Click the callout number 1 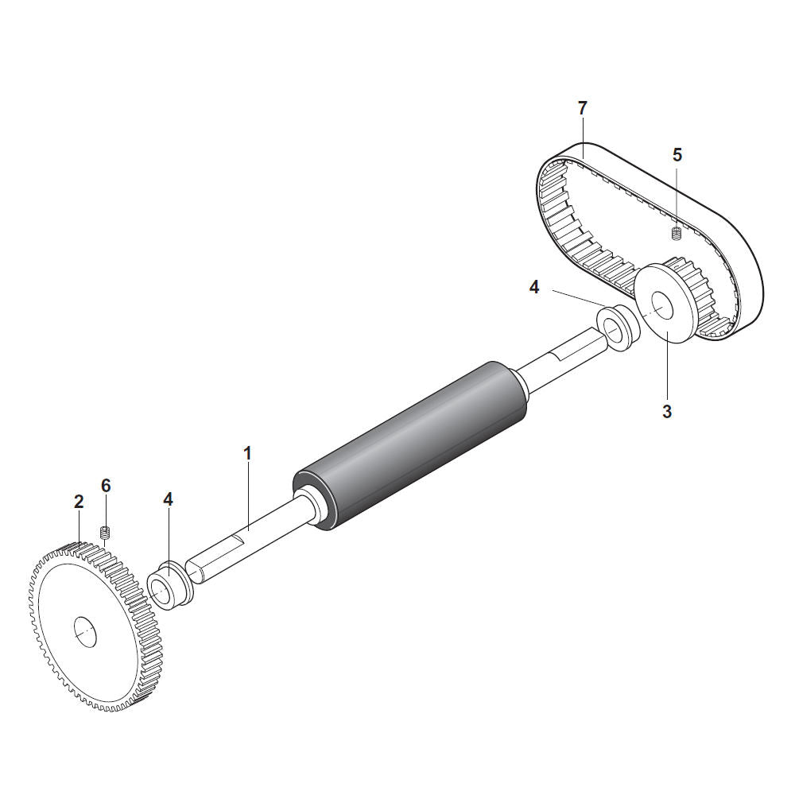(247, 454)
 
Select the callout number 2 (79, 502)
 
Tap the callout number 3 (667, 411)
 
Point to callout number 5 (677, 155)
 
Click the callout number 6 (106, 486)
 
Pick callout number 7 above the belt (582, 108)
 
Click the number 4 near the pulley (534, 288)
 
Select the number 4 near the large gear (168, 499)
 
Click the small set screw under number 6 (106, 533)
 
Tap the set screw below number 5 (676, 234)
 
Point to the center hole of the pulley (661, 306)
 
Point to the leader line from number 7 (583, 138)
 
